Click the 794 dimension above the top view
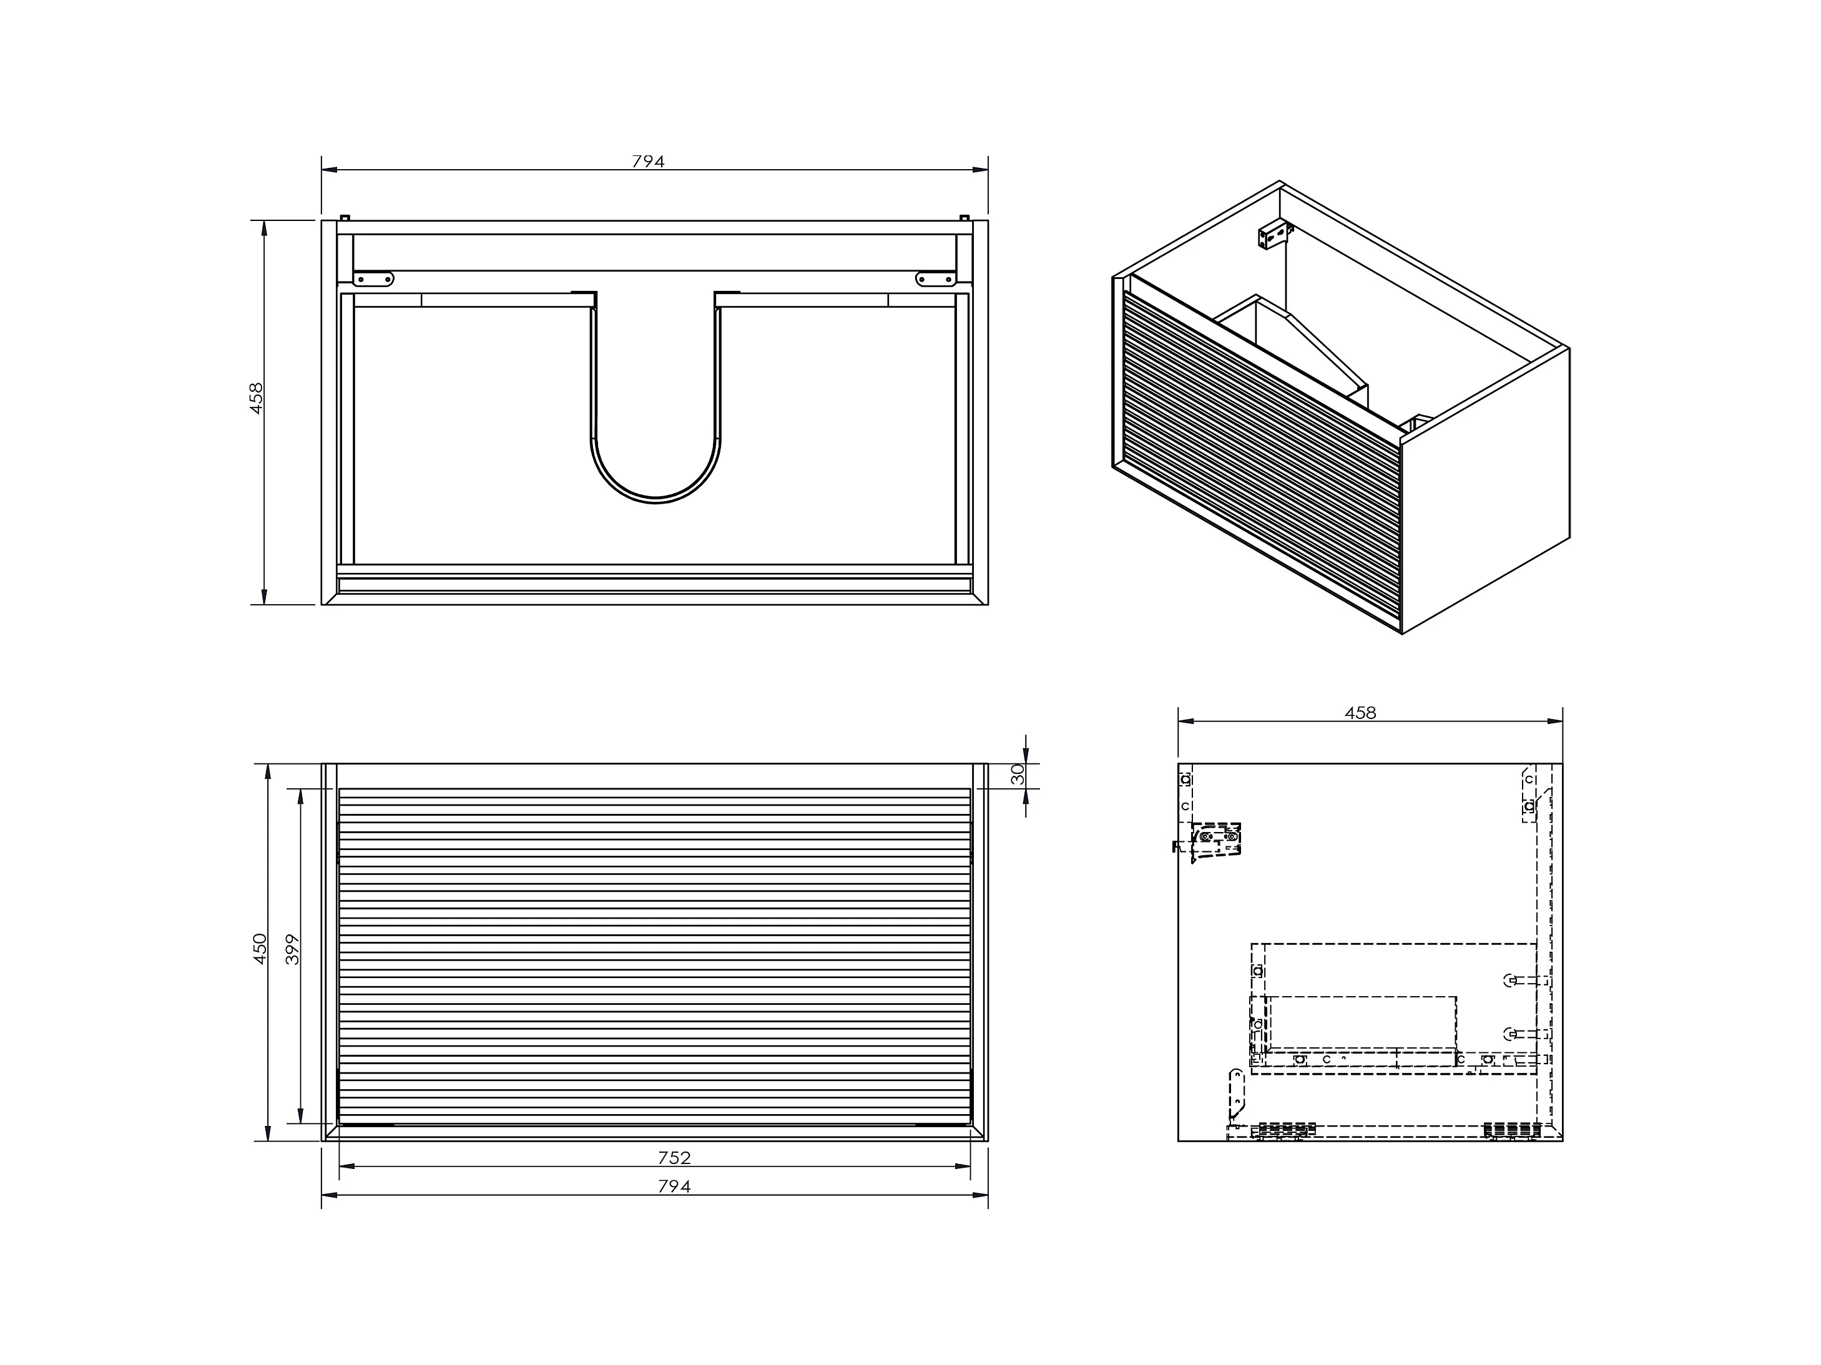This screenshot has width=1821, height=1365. tap(648, 162)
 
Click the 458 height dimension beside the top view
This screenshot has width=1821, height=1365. tap(256, 398)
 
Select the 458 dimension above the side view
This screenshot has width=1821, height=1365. tap(1360, 713)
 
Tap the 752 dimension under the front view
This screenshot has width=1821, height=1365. tap(674, 1158)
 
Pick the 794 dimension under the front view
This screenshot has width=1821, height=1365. tap(674, 1186)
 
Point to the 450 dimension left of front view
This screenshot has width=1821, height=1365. tap(260, 949)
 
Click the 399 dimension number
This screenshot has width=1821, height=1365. tap(293, 949)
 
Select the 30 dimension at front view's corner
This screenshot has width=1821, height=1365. tap(1018, 774)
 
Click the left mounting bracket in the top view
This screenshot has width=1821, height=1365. tap(374, 279)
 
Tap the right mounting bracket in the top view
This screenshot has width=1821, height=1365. tap(936, 279)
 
